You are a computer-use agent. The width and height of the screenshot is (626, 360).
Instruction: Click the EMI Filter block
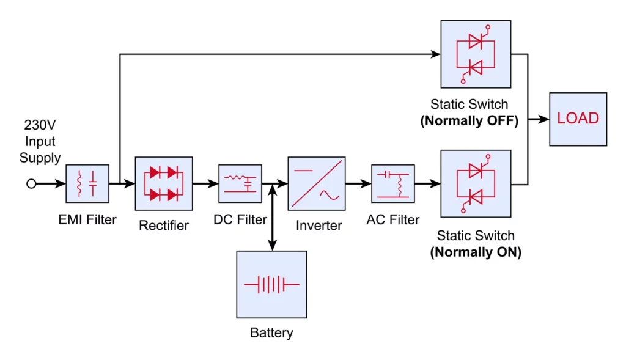tap(87, 183)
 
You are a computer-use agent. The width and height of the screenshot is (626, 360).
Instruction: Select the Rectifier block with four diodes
tap(164, 183)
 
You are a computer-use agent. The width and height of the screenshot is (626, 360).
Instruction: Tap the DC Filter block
tap(240, 183)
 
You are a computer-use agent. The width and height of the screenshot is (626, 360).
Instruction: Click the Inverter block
tap(316, 183)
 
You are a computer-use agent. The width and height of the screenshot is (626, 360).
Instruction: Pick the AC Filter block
tap(392, 183)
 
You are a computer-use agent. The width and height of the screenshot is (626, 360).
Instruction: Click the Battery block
tap(271, 284)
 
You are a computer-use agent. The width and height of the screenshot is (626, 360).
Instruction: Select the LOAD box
tap(578, 119)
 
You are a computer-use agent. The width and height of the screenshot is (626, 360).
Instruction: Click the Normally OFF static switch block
tap(476, 54)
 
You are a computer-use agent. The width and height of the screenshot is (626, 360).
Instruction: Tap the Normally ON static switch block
tap(476, 183)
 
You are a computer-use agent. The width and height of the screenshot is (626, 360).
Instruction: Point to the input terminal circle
tap(31, 183)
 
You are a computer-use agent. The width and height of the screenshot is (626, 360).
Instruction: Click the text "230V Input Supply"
tap(40, 142)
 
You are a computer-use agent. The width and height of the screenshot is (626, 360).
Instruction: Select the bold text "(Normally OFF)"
tap(469, 121)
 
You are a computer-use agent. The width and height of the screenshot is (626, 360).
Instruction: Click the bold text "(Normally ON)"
tap(476, 252)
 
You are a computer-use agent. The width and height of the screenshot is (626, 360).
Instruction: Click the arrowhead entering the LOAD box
tap(544, 119)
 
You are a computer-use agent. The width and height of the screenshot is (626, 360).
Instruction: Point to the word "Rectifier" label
tap(164, 226)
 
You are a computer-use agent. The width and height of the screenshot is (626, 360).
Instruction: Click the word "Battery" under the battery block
tap(271, 333)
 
